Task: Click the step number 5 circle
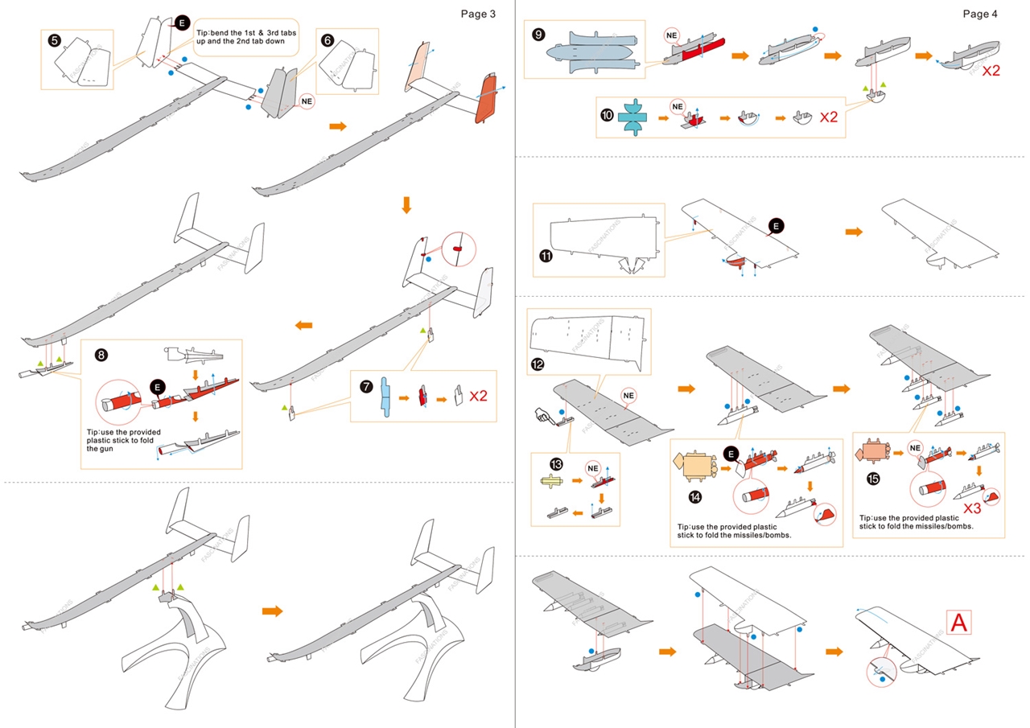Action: [55, 39]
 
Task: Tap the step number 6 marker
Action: [327, 39]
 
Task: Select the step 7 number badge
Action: [367, 387]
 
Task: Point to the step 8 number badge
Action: [101, 354]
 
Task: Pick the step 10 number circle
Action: [607, 114]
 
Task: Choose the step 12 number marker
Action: [538, 364]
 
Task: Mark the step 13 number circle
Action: [556, 463]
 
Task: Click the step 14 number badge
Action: [696, 496]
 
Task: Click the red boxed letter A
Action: [959, 622]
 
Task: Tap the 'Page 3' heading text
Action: [478, 14]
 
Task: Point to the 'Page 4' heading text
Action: [981, 14]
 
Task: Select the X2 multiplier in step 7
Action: [479, 395]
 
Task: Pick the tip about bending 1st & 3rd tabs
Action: [246, 36]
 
